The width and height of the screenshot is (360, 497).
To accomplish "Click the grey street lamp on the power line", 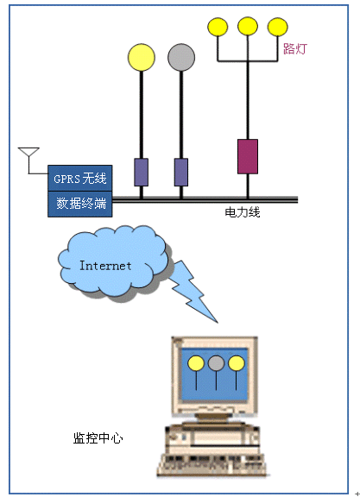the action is click(x=181, y=57).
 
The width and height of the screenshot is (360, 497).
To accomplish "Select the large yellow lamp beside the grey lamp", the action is click(x=142, y=57).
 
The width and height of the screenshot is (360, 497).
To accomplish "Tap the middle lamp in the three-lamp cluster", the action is click(x=248, y=26).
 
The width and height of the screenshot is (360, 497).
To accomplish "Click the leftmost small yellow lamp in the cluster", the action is click(x=218, y=27).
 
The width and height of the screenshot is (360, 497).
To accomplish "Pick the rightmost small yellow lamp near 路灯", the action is click(x=277, y=27).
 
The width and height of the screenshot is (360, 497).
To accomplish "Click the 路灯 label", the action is click(x=295, y=49).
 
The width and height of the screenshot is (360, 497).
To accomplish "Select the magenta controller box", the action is click(x=248, y=156).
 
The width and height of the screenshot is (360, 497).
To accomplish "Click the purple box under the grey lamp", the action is click(x=181, y=173).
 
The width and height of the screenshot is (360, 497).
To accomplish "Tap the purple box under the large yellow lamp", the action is click(x=141, y=173).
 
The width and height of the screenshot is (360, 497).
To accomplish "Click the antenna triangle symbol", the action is click(x=28, y=152).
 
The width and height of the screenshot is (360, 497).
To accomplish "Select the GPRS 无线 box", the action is click(x=80, y=178).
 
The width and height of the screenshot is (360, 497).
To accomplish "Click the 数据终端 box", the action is click(x=80, y=204).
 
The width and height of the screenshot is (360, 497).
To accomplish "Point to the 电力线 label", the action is click(x=243, y=212).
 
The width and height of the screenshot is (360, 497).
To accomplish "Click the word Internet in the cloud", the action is click(x=105, y=266).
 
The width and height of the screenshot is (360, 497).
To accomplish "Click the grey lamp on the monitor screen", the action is click(x=217, y=363).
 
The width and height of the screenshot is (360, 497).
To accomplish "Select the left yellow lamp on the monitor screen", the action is click(x=196, y=363).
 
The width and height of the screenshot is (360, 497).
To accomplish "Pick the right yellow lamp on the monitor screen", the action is click(x=237, y=363).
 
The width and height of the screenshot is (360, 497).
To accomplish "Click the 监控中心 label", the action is click(x=98, y=438).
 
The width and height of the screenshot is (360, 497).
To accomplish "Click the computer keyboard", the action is click(x=212, y=464).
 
